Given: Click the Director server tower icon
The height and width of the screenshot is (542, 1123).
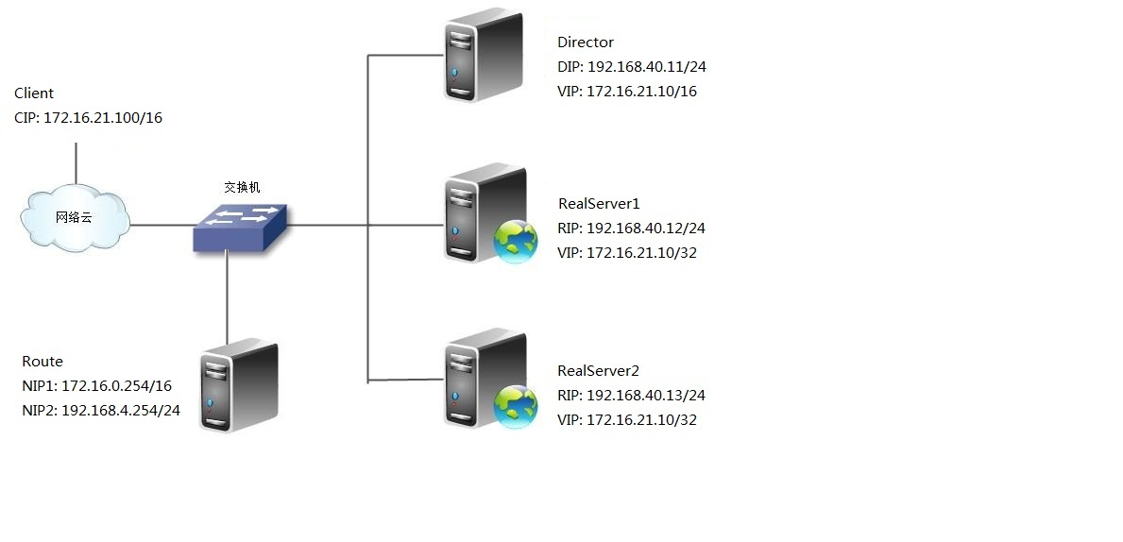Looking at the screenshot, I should coord(483,56).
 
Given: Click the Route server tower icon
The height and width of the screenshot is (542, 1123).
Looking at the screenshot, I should coord(238,385).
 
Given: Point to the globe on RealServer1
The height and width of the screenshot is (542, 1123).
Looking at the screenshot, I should coord(516,242).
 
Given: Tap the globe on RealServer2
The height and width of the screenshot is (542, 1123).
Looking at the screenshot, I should coord(516,406).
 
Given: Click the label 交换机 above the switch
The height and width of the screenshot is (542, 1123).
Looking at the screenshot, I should coord(242,188).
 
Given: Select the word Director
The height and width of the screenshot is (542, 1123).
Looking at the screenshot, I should coord(586,42).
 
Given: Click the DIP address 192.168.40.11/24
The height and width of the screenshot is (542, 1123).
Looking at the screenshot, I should coord(646,67).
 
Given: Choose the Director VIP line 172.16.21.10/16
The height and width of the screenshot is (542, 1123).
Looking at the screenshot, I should coord(642,92).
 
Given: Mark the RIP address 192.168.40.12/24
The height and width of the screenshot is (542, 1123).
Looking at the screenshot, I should coord(646,229).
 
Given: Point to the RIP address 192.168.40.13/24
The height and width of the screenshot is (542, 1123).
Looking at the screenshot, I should coord(646,396).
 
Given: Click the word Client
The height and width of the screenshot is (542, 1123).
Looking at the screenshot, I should coord(34,93).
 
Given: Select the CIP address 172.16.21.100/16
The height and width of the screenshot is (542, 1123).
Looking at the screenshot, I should coord(103,118).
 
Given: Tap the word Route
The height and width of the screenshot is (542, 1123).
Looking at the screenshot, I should coord(43,362).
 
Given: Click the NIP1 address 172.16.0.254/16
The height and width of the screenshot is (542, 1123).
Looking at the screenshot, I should coord(117,386).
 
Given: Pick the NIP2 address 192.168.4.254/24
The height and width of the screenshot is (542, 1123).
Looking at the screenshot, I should coord(121,411).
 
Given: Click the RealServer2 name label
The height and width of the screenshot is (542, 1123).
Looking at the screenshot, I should coord(600,371).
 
